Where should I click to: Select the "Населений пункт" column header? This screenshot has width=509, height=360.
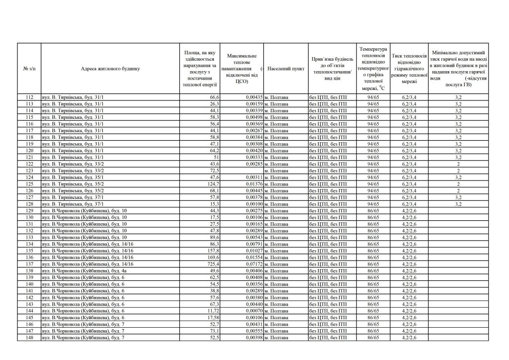coord(285,69)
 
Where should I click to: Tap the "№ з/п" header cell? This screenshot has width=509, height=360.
coord(29,69)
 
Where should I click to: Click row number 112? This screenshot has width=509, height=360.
coord(29,97)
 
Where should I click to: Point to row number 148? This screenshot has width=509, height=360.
coord(29,338)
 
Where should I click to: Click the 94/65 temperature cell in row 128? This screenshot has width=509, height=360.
coord(373,204)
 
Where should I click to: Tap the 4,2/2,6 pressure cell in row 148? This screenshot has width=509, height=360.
coord(409,338)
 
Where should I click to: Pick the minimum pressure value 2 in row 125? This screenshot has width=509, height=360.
coord(458,184)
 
